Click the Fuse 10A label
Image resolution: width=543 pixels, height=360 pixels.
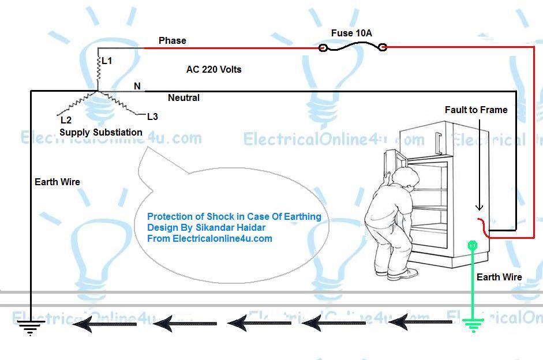pos(351,33)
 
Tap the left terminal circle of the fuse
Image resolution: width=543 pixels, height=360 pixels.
pos(323,47)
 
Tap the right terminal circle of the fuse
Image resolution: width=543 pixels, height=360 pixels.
pos(381,47)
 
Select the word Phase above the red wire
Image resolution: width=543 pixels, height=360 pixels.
pos(173,40)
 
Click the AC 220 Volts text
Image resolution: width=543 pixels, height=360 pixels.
pos(214,69)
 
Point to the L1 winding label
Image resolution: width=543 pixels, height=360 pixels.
pos(107,60)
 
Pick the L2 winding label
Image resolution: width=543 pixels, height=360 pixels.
pos(66,121)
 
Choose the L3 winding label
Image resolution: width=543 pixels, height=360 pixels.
pos(152,117)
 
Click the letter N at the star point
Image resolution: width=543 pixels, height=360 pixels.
pos(137,87)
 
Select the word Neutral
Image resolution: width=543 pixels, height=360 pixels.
pos(184,98)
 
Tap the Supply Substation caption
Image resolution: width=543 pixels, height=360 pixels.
pos(101,132)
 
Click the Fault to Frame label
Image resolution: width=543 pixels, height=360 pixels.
pos(476,110)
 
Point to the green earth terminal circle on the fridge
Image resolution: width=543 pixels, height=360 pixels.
pos(473,246)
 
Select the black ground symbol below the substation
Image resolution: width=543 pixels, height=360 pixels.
pos(30,328)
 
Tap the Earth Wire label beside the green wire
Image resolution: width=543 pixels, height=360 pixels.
pos(499,277)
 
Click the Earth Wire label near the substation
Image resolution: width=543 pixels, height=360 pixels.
pos(57,182)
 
